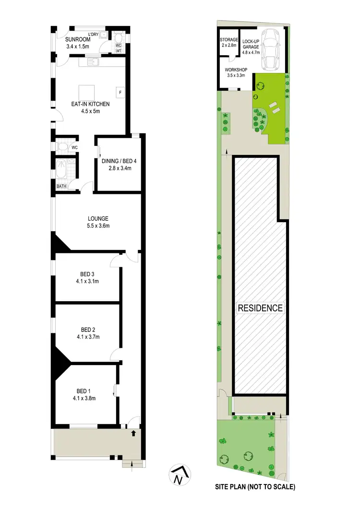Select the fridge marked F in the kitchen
pyautogui.click(x=120, y=91)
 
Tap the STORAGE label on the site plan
pyautogui.click(x=228, y=39)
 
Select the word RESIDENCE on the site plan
pyautogui.click(x=261, y=308)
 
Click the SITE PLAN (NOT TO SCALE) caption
pyautogui.click(x=255, y=486)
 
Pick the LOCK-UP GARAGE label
pyautogui.click(x=251, y=45)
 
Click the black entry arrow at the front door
pyautogui.click(x=133, y=434)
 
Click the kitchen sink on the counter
pyautogui.click(x=92, y=61)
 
